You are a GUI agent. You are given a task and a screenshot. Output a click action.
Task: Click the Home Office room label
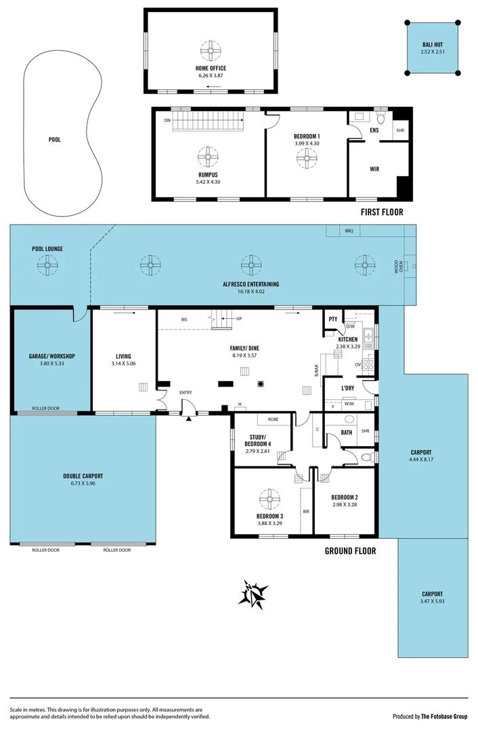tap(211, 68)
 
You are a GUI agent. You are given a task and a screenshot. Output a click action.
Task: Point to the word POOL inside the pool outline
tap(55, 140)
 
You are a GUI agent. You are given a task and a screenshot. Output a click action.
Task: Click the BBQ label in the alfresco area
tap(349, 231)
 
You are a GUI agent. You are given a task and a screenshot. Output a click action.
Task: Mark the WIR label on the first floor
tap(374, 169)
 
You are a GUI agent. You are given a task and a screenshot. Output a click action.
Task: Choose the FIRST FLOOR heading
tap(382, 212)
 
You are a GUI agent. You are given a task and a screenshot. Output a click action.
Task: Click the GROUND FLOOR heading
tap(350, 551)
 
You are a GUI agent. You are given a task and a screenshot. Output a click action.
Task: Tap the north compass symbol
tap(255, 595)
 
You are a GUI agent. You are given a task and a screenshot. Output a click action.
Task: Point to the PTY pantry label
tap(333, 319)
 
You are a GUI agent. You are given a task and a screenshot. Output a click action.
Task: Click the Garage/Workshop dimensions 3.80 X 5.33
tap(51, 363)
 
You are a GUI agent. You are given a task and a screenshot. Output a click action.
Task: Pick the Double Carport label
tap(83, 477)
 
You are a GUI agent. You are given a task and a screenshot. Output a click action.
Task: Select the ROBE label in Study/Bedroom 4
tap(273, 420)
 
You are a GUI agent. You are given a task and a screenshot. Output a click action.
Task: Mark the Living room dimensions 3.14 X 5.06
tap(123, 363)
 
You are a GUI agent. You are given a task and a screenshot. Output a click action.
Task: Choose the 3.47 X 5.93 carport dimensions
tap(432, 601)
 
